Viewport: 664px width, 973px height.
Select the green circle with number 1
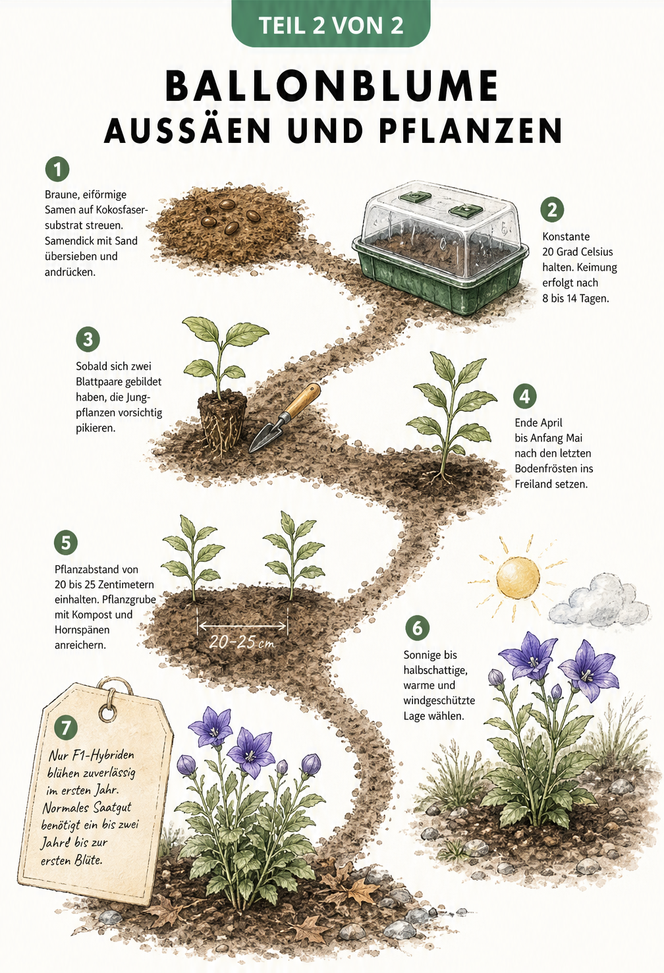click(57, 169)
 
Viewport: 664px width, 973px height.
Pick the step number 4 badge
click(524, 397)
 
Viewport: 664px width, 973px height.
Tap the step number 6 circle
click(417, 628)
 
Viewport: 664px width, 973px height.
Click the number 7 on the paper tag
click(66, 727)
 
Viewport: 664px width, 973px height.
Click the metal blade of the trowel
click(265, 437)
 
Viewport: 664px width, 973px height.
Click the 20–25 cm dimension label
click(242, 642)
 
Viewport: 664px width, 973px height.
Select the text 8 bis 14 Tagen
click(576, 299)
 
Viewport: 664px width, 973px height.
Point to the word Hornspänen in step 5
click(82, 630)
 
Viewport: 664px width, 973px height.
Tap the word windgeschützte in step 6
click(439, 701)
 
